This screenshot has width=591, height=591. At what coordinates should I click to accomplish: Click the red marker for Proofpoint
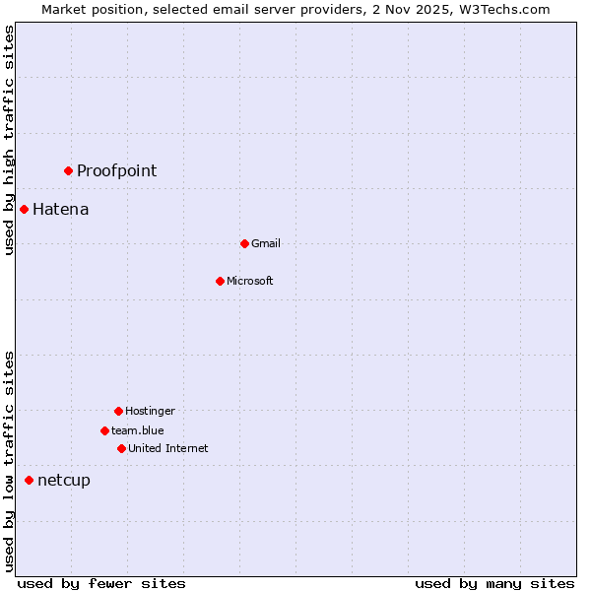[68, 170]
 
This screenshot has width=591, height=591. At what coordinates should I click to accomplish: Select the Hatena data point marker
[24, 209]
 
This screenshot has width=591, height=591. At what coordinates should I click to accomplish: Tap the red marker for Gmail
[244, 243]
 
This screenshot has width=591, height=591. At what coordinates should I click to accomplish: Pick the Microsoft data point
[220, 281]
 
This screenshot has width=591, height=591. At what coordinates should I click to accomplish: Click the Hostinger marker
[118, 411]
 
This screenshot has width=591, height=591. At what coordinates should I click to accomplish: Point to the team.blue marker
[104, 430]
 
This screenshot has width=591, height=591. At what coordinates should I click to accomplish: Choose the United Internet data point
[121, 448]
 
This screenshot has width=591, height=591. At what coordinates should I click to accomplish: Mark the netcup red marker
[29, 480]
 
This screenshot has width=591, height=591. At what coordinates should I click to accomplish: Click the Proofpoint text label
[116, 170]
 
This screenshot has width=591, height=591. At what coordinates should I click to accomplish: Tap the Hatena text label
[60, 209]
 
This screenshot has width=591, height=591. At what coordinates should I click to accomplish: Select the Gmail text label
[266, 243]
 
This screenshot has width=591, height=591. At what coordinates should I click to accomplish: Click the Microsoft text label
[250, 281]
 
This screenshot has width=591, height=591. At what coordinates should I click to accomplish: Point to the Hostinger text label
[150, 411]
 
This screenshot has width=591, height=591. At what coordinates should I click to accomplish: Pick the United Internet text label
[167, 448]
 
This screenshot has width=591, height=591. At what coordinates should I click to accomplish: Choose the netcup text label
[63, 480]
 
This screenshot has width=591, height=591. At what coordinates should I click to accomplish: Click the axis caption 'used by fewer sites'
[101, 583]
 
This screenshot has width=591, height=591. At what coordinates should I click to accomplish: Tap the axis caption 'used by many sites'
[494, 583]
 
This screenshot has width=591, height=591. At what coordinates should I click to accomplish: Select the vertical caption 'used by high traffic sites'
[9, 141]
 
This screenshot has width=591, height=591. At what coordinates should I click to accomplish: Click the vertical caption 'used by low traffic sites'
[9, 461]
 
